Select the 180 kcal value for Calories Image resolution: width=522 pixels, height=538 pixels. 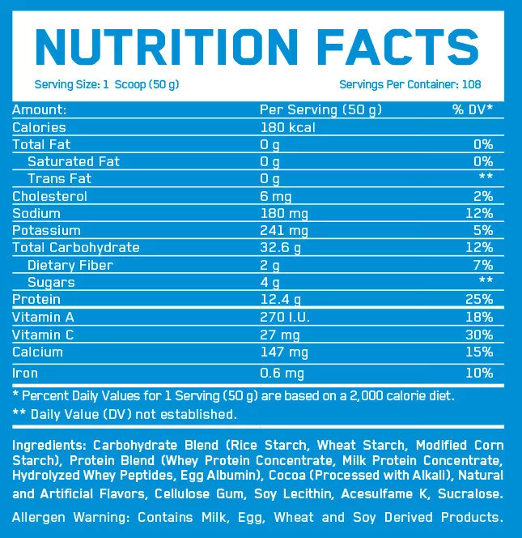coord(287,127)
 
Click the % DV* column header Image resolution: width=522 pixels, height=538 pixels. coord(473,109)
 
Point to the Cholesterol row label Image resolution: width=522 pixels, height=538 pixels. coord(49,196)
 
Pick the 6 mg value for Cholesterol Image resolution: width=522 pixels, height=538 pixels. coord(275,196)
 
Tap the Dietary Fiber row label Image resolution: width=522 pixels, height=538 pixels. coord(70,265)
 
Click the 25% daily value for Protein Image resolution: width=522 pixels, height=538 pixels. coord(479,300)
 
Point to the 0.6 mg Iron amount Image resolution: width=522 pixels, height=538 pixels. coord(282,374)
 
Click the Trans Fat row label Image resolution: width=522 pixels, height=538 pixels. coord(59,178)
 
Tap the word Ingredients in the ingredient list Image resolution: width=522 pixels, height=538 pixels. coord(49,446)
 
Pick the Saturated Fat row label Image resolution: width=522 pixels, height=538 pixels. coord(73,161)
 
